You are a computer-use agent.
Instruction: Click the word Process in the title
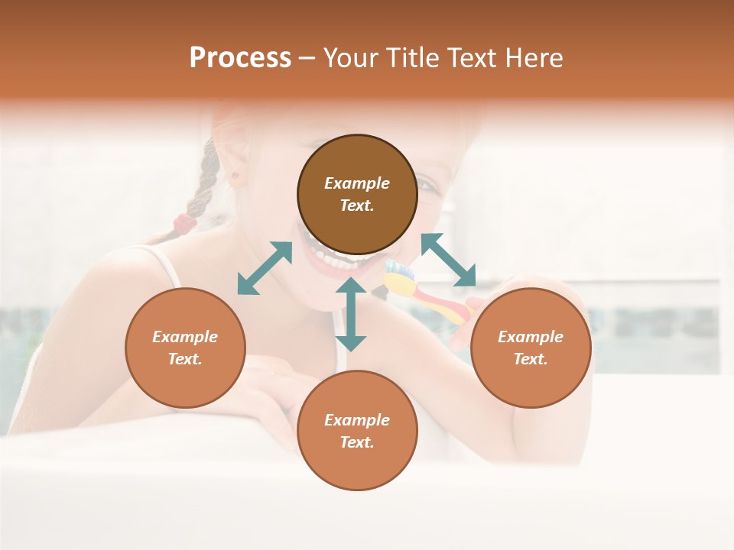[240, 58]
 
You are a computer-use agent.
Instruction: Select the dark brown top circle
[357, 195]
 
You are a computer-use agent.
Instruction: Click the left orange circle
[185, 348]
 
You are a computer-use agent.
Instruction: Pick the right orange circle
[531, 348]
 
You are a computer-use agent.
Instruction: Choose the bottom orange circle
[357, 430]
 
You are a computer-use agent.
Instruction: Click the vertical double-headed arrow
[351, 314]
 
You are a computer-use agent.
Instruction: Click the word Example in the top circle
[357, 183]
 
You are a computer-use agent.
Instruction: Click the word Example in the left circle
[185, 337]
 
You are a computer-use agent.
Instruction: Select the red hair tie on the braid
[184, 224]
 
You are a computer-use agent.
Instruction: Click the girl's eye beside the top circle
[425, 186]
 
